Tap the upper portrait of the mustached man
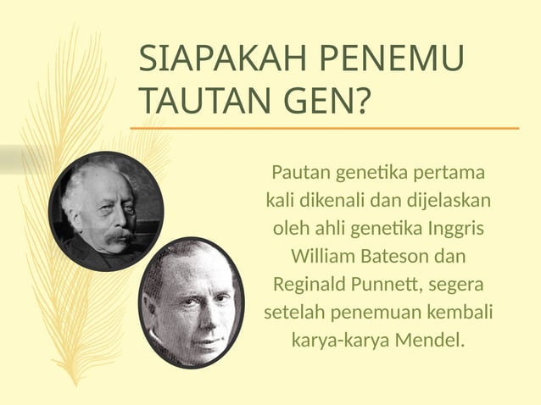tap(106, 212)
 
